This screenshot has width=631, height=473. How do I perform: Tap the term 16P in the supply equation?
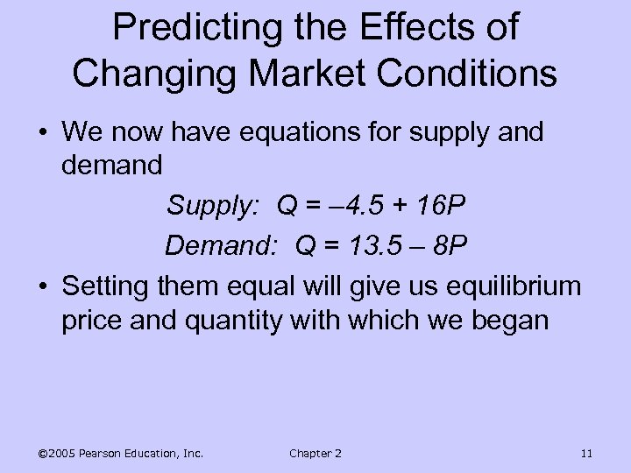click(x=441, y=208)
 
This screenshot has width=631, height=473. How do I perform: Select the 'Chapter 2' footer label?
click(x=315, y=453)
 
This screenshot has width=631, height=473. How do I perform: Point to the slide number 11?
click(x=586, y=453)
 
